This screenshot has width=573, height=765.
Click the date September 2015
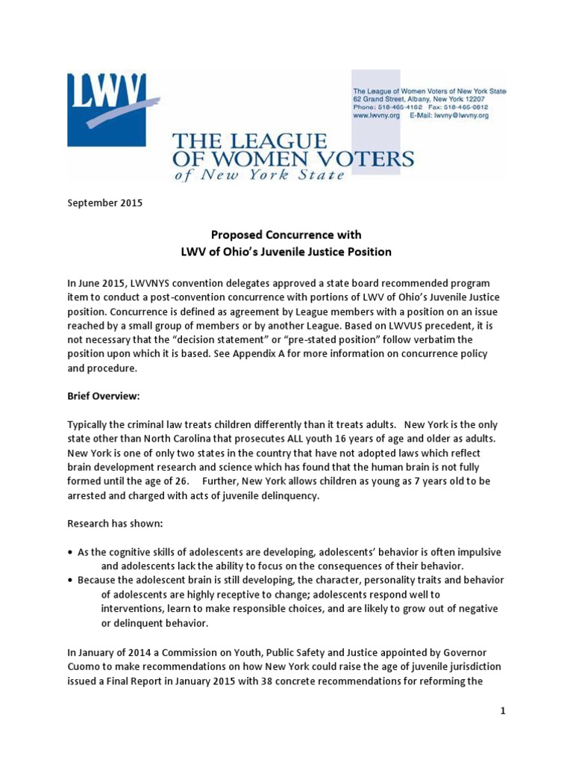click(x=104, y=203)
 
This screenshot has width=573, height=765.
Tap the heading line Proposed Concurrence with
click(x=286, y=235)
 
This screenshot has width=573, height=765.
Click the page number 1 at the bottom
click(x=503, y=710)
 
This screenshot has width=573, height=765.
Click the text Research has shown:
click(x=107, y=524)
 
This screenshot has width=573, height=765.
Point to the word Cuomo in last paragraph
click(x=84, y=666)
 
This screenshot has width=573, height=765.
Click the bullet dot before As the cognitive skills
click(x=70, y=552)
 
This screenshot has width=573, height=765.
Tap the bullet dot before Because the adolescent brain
click(x=70, y=580)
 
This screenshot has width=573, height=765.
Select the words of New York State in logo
click(x=260, y=175)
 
